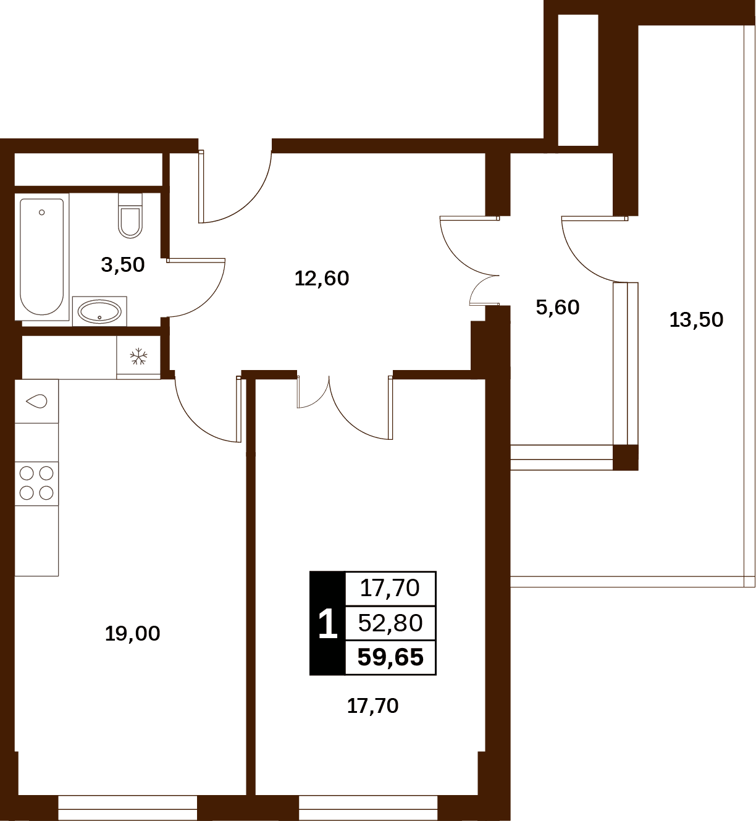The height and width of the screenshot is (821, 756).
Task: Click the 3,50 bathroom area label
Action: [122, 265]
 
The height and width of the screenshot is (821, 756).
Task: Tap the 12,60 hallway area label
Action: [322, 279]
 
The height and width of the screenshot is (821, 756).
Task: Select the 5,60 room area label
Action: [558, 308]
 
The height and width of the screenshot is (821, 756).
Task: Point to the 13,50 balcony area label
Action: [696, 319]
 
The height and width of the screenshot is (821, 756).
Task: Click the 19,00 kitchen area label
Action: [132, 634]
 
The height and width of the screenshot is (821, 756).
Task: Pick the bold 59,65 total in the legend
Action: [390, 657]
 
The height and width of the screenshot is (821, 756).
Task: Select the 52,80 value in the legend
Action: [390, 623]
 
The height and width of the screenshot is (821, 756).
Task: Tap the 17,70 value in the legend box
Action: [390, 588]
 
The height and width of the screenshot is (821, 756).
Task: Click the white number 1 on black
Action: [328, 623]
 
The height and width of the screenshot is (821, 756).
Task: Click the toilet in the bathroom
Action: [130, 216]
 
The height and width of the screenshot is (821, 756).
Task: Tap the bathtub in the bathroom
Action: [42, 257]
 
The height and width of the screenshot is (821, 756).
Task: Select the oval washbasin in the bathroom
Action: [99, 312]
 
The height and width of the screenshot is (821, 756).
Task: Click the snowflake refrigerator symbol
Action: [138, 356]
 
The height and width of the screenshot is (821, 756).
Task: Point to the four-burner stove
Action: [36, 483]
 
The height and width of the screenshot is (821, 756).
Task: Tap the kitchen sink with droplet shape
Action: [36, 402]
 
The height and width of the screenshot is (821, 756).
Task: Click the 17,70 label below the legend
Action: [372, 706]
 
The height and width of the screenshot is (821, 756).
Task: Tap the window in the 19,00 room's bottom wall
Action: [127, 808]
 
